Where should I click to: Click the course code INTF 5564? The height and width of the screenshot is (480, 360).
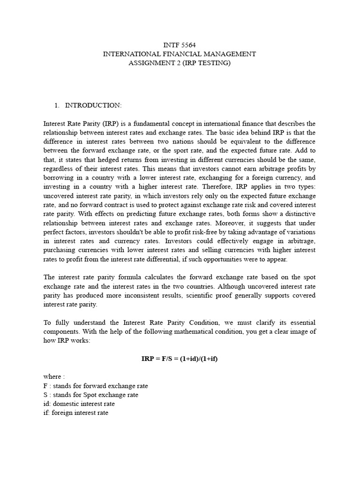click(180, 45)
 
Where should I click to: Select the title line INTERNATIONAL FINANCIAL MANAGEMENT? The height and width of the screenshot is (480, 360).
click(180, 54)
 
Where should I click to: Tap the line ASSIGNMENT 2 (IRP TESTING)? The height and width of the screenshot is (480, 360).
click(180, 63)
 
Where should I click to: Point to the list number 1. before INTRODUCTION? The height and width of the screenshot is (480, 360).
click(57, 105)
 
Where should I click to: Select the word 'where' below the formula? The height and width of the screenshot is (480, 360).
click(52, 376)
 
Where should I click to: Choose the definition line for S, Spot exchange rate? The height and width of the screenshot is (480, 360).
click(90, 395)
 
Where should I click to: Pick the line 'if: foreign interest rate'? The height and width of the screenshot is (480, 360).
click(75, 413)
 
